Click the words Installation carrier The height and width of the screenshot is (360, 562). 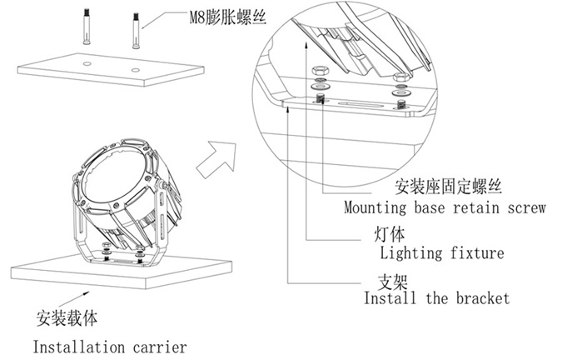[109, 346]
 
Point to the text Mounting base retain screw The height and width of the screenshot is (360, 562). [445, 208]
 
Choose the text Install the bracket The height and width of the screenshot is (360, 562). [435, 297]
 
